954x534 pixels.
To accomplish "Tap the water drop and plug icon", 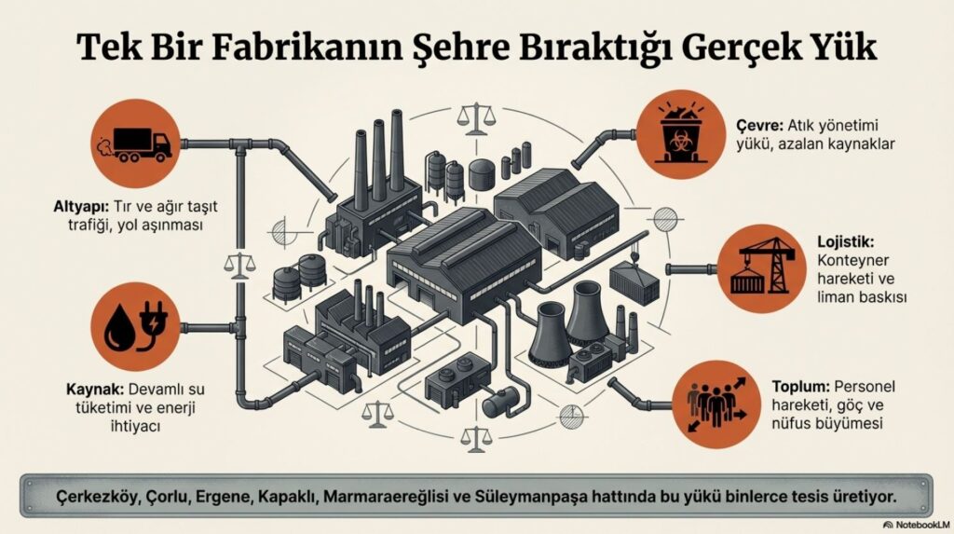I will click(x=139, y=329).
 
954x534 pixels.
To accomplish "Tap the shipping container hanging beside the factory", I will click(x=634, y=277).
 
